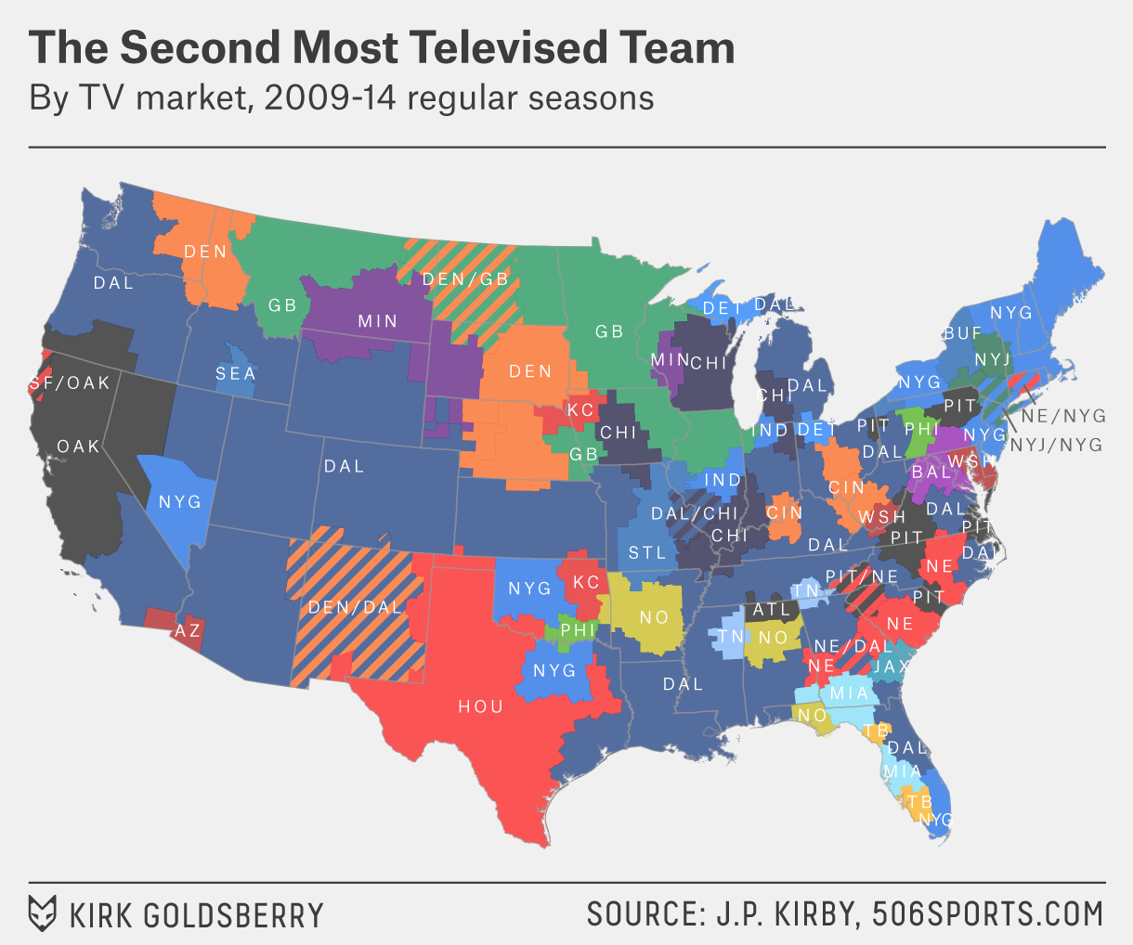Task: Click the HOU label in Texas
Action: click(x=480, y=706)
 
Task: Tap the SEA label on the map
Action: click(x=235, y=373)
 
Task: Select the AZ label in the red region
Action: click(x=188, y=630)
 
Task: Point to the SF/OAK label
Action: click(x=70, y=382)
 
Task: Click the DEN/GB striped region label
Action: click(x=465, y=278)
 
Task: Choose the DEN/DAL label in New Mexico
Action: click(x=355, y=607)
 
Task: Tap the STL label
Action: click(x=646, y=552)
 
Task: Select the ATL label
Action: click(x=771, y=610)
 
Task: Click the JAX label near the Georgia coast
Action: click(x=892, y=667)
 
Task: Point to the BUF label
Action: click(x=962, y=332)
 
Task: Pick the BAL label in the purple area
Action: click(x=931, y=472)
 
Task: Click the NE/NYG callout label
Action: click(x=1063, y=416)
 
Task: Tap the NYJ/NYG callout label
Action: click(x=1056, y=446)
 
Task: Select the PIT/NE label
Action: click(x=862, y=576)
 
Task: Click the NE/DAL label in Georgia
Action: click(x=853, y=646)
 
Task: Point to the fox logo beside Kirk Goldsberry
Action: click(x=43, y=913)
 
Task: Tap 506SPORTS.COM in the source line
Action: click(x=988, y=913)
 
